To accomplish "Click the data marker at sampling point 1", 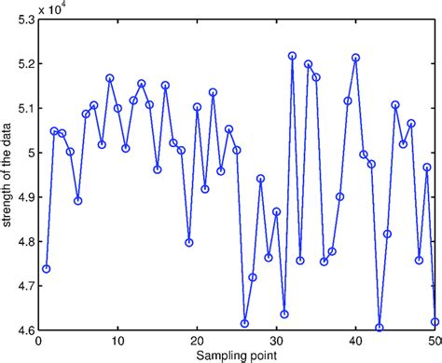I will (x=46, y=268).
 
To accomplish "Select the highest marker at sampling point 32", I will (x=292, y=56).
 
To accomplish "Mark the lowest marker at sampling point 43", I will (x=380, y=328).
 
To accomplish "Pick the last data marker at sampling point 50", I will (x=435, y=321).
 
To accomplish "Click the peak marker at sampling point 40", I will (x=355, y=58).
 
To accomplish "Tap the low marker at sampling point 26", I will (x=244, y=323).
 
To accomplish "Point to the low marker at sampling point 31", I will (x=284, y=314).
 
